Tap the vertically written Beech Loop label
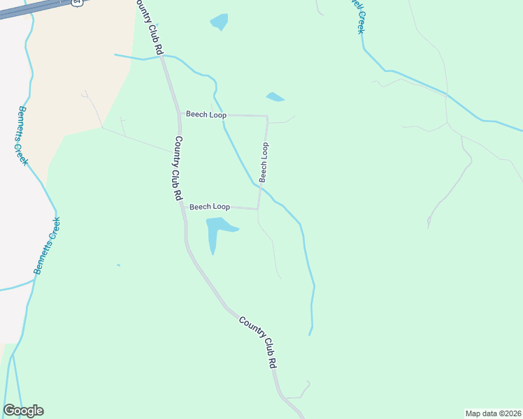coord(264,162)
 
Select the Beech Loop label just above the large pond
coord(210,207)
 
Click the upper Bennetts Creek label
coord(21,135)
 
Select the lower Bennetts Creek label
coord(47,245)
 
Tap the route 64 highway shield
coord(76,3)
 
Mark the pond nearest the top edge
coord(220,22)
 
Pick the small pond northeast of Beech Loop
coord(275,97)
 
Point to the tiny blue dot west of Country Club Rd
coord(118,265)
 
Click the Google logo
coord(23,411)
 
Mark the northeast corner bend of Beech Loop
coord(267,116)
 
